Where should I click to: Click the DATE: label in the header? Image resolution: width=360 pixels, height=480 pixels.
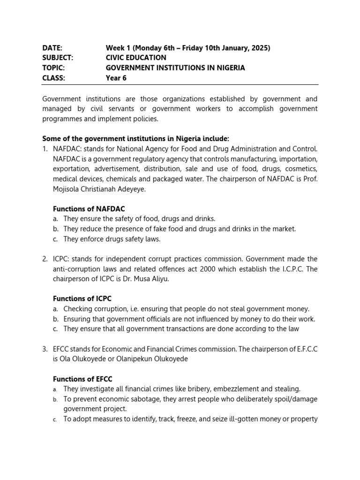(x=52, y=48)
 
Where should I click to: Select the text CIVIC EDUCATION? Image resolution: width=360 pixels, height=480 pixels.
(x=136, y=58)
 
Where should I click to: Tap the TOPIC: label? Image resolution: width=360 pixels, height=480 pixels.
(x=54, y=67)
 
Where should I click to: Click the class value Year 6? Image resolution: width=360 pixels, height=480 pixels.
(x=116, y=78)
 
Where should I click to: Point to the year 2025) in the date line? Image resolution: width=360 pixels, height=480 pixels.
(x=260, y=48)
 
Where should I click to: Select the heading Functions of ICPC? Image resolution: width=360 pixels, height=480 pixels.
(x=82, y=299)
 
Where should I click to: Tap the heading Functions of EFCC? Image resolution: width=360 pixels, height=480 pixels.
(x=82, y=379)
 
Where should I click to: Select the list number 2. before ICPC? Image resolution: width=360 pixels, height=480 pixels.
(x=45, y=259)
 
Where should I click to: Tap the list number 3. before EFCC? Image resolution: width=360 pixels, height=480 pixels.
(x=45, y=349)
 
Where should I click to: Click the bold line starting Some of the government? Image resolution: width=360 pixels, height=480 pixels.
(x=136, y=139)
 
